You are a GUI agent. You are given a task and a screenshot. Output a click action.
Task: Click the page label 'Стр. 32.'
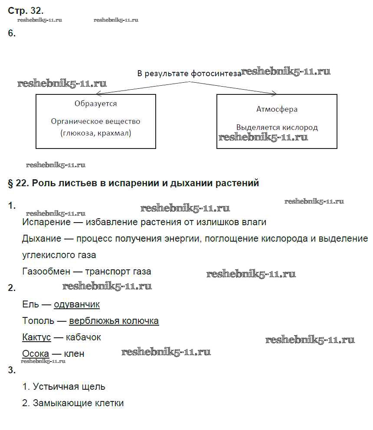point(26,10)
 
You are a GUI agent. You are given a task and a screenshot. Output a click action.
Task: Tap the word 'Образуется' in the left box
point(95,104)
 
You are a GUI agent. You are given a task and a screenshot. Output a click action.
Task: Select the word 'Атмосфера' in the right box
point(277,109)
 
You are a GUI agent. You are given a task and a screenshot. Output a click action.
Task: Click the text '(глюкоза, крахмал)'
point(96,133)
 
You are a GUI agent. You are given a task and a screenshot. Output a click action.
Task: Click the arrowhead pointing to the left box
point(98,93)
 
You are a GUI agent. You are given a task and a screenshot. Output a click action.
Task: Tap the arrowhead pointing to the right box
point(274,93)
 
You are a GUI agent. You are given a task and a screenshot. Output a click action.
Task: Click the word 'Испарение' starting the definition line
point(46,222)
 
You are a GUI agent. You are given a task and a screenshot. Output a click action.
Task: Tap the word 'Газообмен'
point(46,272)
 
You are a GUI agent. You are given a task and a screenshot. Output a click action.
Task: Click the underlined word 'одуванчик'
point(77,304)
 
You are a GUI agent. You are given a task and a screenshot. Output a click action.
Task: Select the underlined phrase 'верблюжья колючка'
point(114,321)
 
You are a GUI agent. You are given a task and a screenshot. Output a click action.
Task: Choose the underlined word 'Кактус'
point(36,337)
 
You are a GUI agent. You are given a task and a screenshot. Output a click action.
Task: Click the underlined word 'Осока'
point(36,354)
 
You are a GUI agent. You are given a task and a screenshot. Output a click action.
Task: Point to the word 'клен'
point(74,354)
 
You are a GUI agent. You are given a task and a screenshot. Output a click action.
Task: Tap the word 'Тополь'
point(38,321)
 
